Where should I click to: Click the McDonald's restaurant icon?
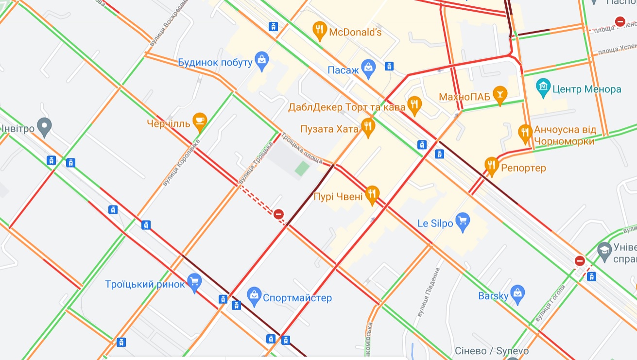click(x=319, y=31)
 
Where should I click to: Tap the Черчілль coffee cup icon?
click(x=199, y=120)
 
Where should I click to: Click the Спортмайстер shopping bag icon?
click(x=254, y=294)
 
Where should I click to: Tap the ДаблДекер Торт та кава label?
click(x=346, y=107)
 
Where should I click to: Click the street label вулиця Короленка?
click(x=181, y=163)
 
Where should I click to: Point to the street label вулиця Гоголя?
click(x=550, y=304)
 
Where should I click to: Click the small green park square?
click(x=302, y=169)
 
